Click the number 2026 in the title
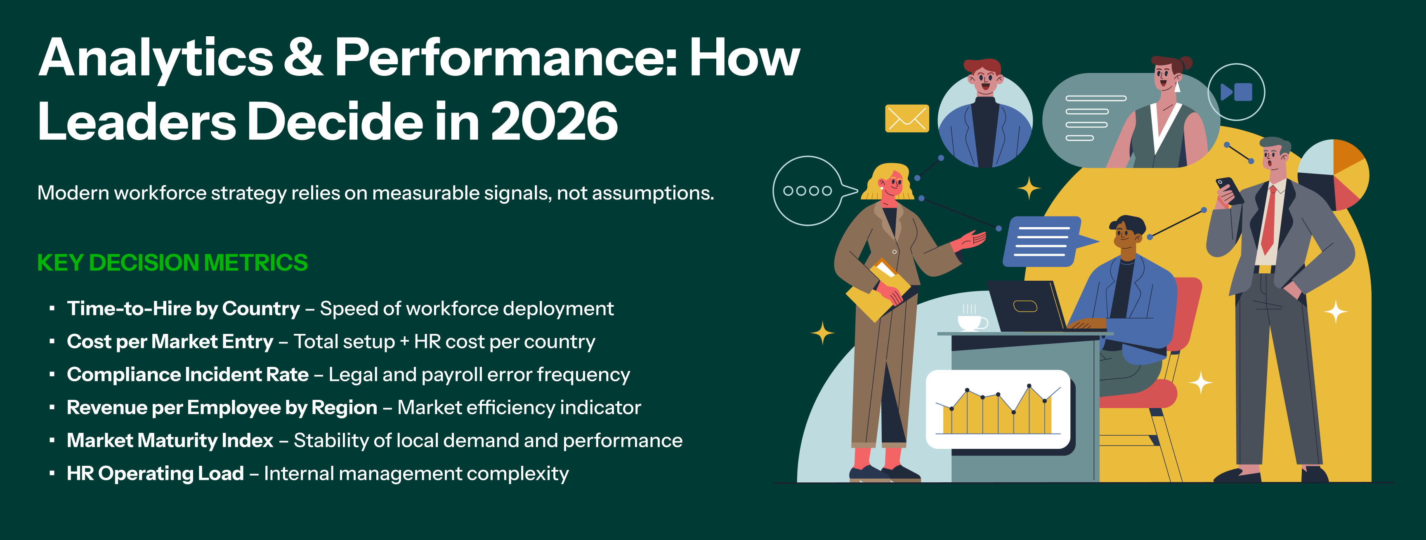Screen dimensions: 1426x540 [x=555, y=121]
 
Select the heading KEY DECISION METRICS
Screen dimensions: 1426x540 [x=172, y=263]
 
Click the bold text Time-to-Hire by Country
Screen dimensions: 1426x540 [x=183, y=309]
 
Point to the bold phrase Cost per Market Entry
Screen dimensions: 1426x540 [x=170, y=342]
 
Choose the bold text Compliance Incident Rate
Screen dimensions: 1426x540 [x=188, y=375]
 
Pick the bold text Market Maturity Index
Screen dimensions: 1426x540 [x=170, y=440]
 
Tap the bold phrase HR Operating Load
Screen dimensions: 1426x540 [x=155, y=474]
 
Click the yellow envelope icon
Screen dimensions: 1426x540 [x=907, y=118]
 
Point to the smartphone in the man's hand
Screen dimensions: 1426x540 [x=1229, y=189]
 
